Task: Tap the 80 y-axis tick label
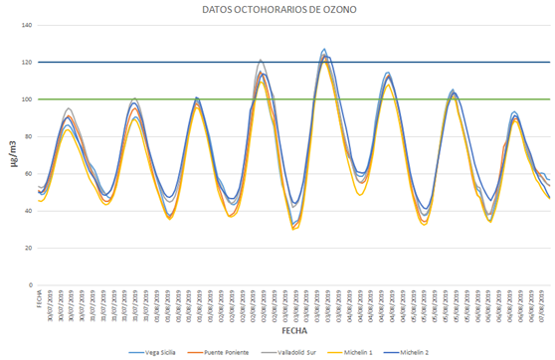click(27, 136)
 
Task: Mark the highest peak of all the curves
click(324, 49)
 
